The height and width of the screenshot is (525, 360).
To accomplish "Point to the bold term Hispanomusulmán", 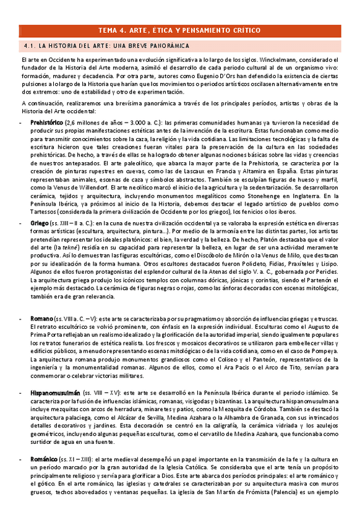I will tap(56, 393).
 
